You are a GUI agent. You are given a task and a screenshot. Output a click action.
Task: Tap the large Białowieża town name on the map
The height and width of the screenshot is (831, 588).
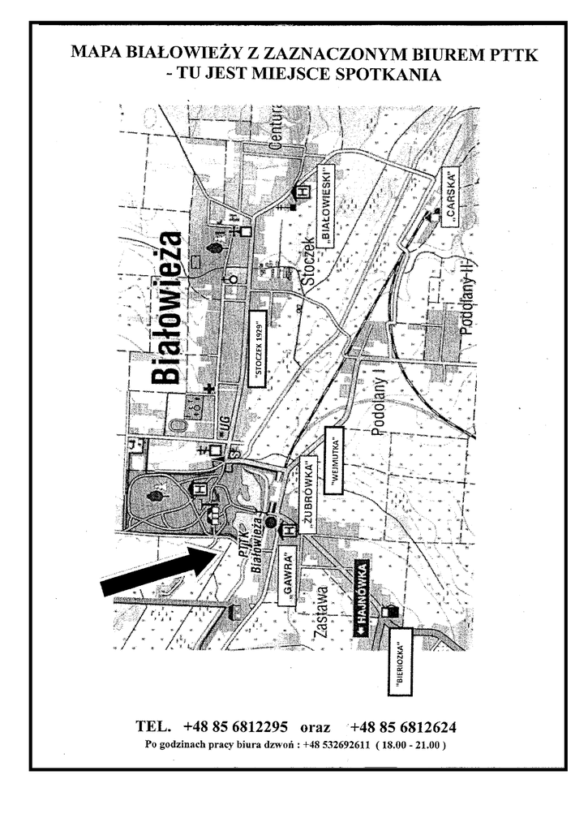click(x=165, y=308)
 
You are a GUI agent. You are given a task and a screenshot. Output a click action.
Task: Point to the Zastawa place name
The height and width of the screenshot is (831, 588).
click(x=321, y=615)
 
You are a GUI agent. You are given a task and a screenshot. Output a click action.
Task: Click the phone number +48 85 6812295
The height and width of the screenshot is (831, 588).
click(x=236, y=726)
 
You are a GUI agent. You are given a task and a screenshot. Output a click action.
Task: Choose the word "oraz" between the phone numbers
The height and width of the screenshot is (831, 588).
click(x=316, y=726)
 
